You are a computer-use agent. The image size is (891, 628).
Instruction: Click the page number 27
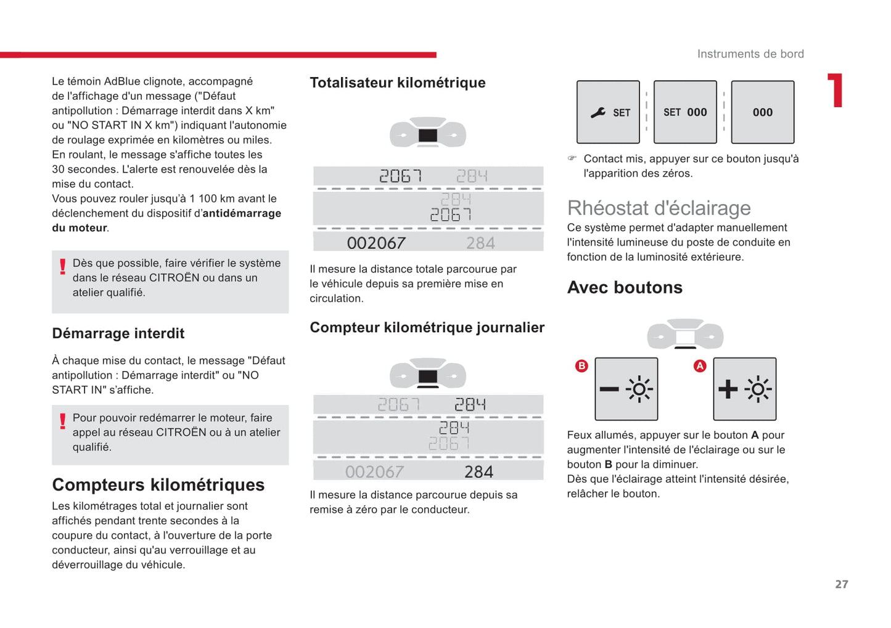841,584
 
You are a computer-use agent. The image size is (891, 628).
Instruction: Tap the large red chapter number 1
836,91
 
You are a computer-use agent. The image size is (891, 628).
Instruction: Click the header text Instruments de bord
750,54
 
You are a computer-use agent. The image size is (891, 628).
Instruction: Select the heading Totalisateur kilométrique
397,83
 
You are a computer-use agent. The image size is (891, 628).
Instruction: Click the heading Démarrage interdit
118,333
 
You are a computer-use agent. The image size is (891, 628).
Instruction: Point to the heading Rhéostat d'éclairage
659,208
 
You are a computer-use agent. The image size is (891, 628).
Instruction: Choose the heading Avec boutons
625,288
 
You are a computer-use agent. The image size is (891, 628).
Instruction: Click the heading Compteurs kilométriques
158,485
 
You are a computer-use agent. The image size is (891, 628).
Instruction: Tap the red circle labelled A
700,366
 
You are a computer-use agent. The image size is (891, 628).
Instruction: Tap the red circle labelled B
581,366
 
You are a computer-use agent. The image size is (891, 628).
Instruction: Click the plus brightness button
744,389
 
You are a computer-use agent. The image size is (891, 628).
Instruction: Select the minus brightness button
626,389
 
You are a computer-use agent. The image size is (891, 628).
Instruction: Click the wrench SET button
608,112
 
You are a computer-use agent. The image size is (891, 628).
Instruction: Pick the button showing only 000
762,112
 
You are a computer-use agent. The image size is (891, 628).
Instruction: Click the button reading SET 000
685,112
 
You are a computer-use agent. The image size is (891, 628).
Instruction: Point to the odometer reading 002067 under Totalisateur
376,243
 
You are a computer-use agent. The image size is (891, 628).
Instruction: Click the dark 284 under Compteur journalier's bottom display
478,471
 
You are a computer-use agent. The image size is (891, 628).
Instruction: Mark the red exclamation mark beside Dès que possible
62,266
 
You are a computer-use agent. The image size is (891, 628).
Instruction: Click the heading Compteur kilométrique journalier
427,327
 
